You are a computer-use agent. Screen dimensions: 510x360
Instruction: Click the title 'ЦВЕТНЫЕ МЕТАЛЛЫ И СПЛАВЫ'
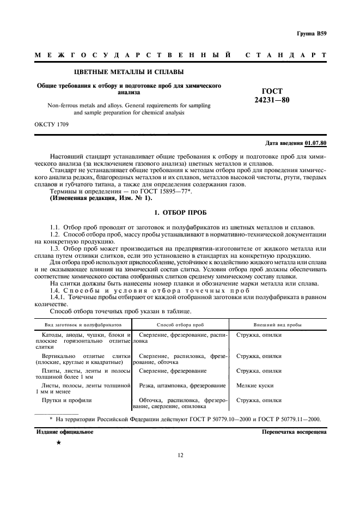pyautogui.click(x=129, y=72)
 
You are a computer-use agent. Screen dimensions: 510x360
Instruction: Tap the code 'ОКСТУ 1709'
pyautogui.click(x=52, y=125)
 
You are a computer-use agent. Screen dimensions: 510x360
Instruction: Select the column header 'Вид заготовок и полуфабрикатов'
pyautogui.click(x=80, y=324)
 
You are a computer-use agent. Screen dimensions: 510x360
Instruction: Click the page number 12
pyautogui.click(x=180, y=471)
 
